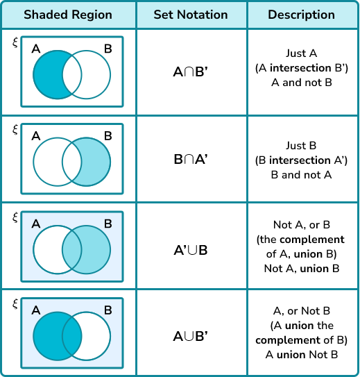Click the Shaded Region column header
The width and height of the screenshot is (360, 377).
68,15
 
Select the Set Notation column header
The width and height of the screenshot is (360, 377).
191,15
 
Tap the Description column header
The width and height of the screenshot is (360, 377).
302,15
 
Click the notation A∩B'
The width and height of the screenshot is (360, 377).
191,72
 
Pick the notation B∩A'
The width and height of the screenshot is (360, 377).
191,159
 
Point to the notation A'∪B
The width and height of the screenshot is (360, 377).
191,250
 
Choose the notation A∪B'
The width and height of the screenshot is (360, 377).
191,336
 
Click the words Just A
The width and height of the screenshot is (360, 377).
302,53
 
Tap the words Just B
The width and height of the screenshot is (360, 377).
301,146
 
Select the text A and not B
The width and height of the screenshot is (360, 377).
302,83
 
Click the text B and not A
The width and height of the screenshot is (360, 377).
302,175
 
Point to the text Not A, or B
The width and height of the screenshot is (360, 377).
302,225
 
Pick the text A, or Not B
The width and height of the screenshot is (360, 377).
302,311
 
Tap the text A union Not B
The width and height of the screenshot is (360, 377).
302,355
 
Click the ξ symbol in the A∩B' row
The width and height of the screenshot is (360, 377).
15,42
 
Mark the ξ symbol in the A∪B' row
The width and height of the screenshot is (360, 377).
15,304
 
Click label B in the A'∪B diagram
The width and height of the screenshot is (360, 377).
108,224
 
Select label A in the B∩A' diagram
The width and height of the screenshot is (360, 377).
36,136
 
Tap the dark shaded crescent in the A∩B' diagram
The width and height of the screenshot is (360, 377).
48,74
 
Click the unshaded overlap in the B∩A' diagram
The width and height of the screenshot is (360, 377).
72,162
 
